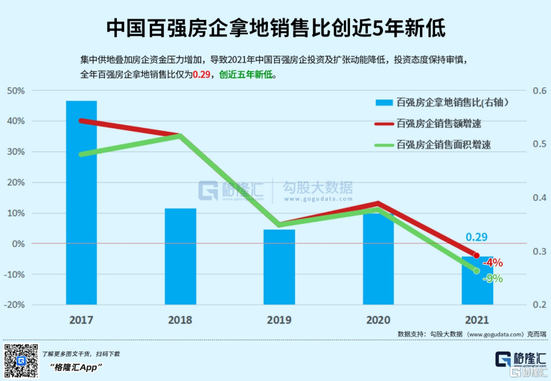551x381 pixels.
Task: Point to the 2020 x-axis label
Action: pyautogui.click(x=378, y=320)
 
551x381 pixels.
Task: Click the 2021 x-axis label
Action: pyautogui.click(x=477, y=320)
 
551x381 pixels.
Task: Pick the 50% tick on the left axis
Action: pyautogui.click(x=15, y=91)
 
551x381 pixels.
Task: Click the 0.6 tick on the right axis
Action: pyautogui.click(x=539, y=91)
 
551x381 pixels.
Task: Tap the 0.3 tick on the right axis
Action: pyautogui.click(x=539, y=251)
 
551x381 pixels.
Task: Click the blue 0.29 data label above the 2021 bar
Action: pyautogui.click(x=477, y=237)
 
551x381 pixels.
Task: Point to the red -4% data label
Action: pyautogui.click(x=493, y=263)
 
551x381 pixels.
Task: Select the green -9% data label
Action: pyautogui.click(x=493, y=278)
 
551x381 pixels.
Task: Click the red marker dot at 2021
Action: pyautogui.click(x=477, y=255)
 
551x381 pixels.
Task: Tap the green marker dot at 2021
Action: pyautogui.click(x=477, y=271)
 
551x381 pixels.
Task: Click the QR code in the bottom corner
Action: pyautogui.click(x=21, y=361)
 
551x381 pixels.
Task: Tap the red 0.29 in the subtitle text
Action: pyautogui.click(x=201, y=74)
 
